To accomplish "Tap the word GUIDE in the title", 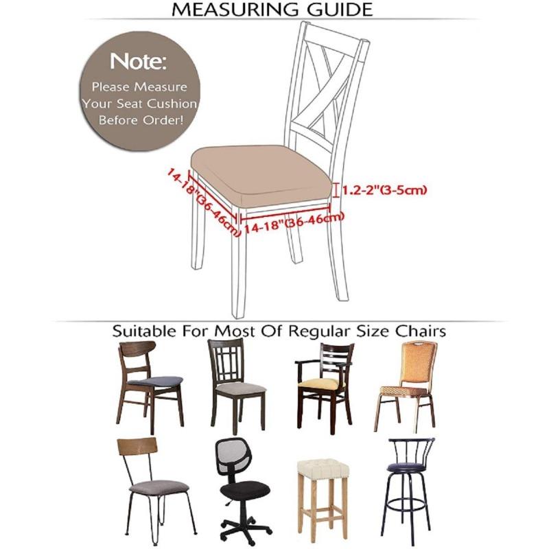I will [340, 10].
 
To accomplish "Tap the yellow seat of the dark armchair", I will [321, 383].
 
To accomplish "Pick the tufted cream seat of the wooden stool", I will [322, 469].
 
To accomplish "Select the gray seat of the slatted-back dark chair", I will [240, 388].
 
